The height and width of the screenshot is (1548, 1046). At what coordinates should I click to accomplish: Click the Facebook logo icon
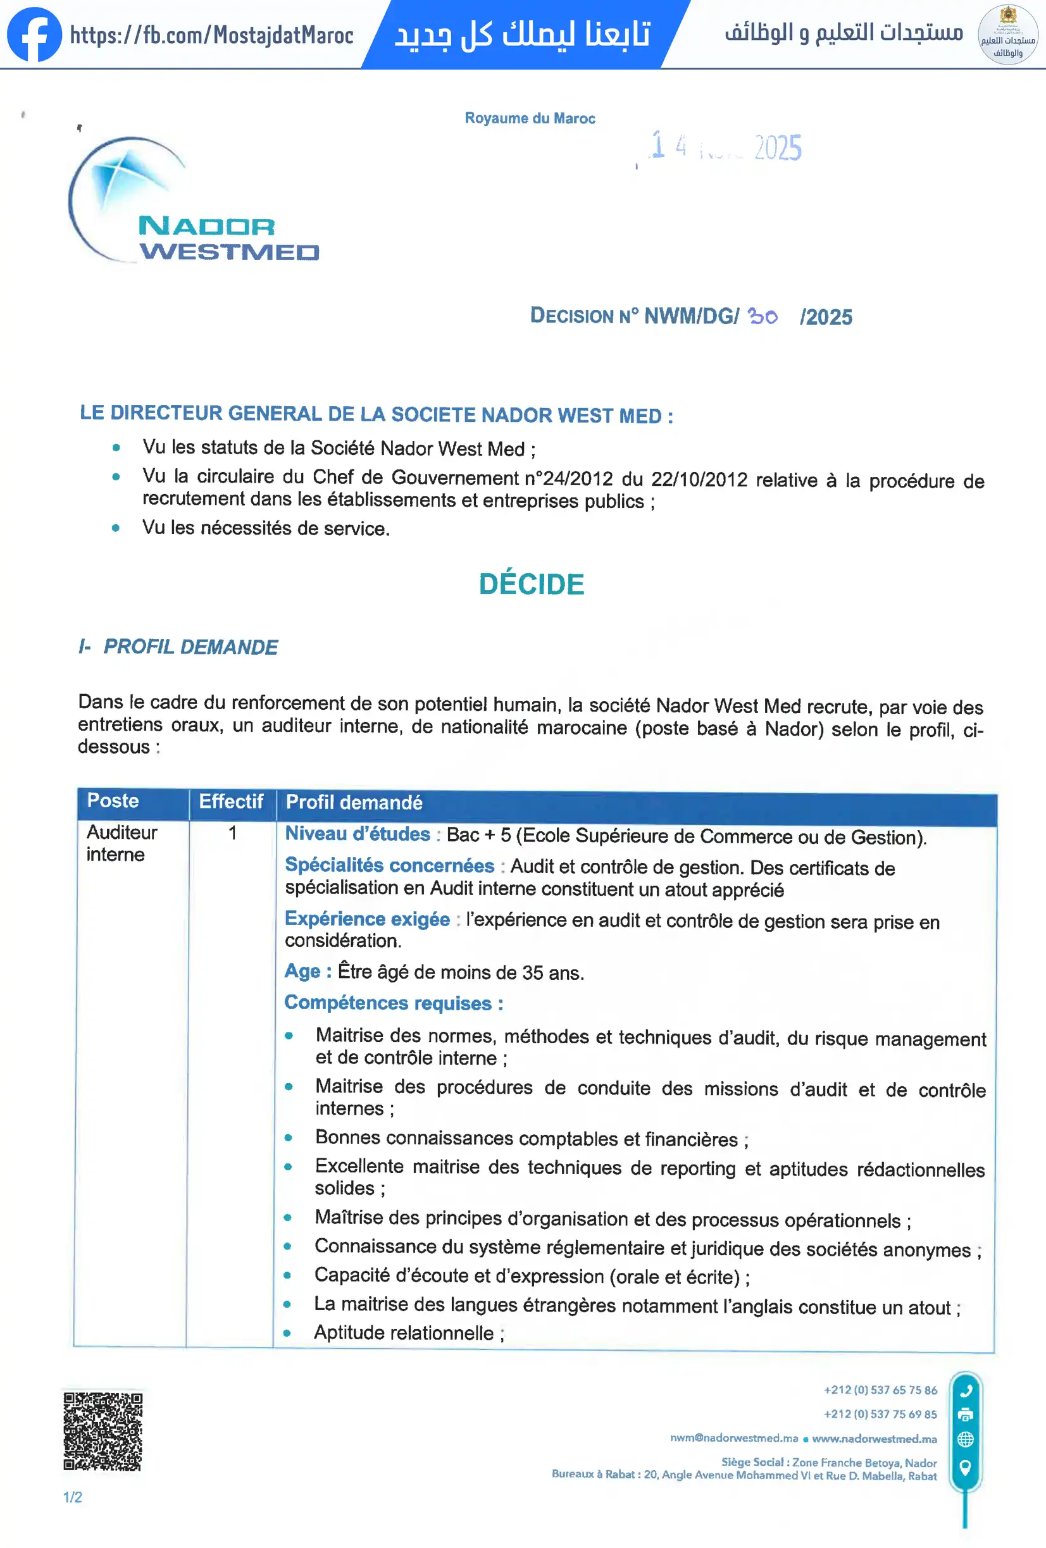click(x=34, y=34)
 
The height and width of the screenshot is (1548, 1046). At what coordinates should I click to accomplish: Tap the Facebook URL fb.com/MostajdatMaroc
click(x=211, y=35)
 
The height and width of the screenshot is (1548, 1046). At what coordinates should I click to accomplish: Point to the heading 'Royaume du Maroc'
click(x=530, y=118)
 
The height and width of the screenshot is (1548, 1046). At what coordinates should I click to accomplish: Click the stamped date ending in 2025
click(x=726, y=147)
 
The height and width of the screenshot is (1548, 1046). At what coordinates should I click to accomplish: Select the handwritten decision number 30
click(x=762, y=316)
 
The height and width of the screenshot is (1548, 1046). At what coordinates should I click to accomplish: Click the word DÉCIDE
click(x=531, y=584)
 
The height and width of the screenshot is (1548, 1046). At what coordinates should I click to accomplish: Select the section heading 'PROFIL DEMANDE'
click(x=190, y=647)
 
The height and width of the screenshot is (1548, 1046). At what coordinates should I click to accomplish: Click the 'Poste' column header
click(x=113, y=801)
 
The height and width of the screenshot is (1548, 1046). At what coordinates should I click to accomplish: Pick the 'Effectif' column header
click(x=230, y=802)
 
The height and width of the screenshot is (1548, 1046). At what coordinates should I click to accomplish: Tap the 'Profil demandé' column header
click(x=354, y=803)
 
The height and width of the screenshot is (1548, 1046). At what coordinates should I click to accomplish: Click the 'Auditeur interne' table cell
click(x=121, y=843)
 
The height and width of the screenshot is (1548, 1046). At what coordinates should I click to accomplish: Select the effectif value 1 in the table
click(x=232, y=833)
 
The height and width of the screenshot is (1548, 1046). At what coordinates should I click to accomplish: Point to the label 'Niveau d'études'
click(x=357, y=834)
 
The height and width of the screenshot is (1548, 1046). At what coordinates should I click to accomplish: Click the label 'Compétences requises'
click(x=393, y=1003)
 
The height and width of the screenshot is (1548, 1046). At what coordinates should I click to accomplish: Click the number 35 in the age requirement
click(x=532, y=973)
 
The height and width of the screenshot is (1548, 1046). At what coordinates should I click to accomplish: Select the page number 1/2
click(x=73, y=1497)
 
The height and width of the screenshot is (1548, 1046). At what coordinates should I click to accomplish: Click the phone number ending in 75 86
click(x=880, y=1390)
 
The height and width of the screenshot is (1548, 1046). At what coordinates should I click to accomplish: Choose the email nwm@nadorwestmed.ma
click(x=733, y=1438)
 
